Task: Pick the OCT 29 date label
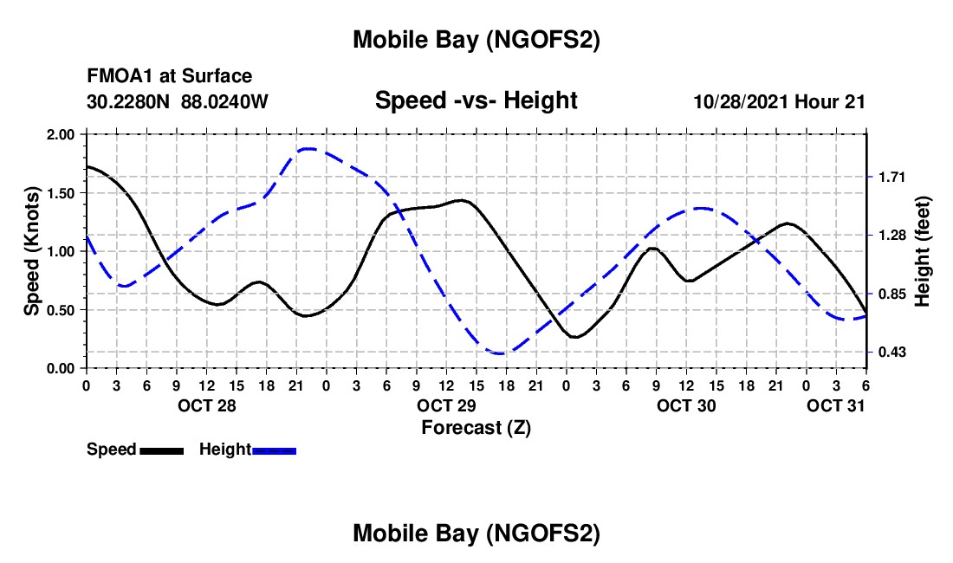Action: (445, 405)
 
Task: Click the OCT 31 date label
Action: (835, 405)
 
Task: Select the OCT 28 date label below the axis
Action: (205, 405)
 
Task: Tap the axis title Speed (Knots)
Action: (31, 251)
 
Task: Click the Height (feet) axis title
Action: (924, 251)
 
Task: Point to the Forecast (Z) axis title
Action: (476, 427)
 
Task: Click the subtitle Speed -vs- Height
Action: (476, 100)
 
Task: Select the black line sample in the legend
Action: (160, 450)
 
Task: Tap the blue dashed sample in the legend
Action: (274, 450)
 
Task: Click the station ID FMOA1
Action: (117, 77)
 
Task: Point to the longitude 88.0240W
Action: (224, 101)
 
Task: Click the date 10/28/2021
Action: (741, 101)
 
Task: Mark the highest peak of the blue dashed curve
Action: (308, 149)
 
